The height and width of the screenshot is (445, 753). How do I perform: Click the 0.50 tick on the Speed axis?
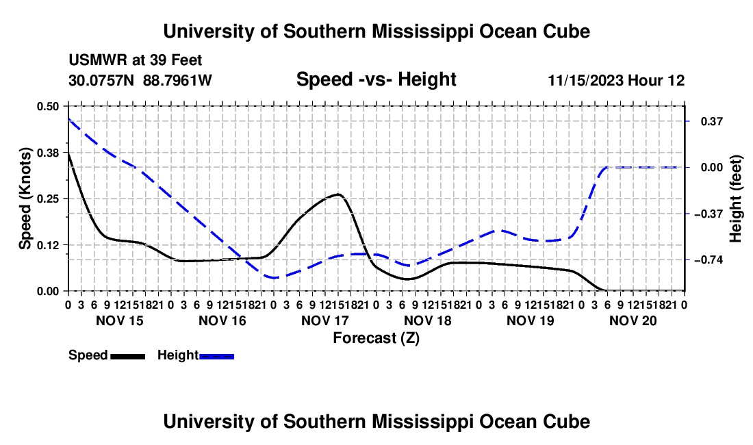coord(47,106)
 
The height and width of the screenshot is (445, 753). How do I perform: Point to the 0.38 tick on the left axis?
coord(47,153)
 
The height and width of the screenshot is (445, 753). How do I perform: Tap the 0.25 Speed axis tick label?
coord(47,199)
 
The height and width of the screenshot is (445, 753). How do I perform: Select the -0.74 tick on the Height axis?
coord(709,260)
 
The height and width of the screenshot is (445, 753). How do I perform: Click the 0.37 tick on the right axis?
coord(712,121)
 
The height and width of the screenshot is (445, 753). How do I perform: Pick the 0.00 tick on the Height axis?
coord(712,168)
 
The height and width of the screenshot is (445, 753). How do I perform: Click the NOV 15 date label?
coord(120,320)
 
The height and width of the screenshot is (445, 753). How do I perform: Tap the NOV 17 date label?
coord(325,320)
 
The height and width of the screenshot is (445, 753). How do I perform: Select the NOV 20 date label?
coord(633,320)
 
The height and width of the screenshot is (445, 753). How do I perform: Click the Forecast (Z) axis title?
coord(376,338)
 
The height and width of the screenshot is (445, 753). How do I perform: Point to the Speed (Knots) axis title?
coord(25,199)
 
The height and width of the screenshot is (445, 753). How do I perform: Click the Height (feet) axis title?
coord(735,199)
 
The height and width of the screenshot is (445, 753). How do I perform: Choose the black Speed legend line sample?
coord(128,357)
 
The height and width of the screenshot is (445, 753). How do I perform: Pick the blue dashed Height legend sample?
coord(216,357)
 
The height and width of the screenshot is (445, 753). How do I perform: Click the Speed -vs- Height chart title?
coord(376,79)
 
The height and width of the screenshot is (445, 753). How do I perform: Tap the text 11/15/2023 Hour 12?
coord(616,80)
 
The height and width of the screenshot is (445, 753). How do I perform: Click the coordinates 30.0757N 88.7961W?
coord(140,80)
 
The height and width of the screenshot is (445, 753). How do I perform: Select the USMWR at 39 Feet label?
coord(136,60)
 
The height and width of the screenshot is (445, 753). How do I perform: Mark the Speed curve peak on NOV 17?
coord(339,194)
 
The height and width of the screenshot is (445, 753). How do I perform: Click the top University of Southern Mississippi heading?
coord(376,31)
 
